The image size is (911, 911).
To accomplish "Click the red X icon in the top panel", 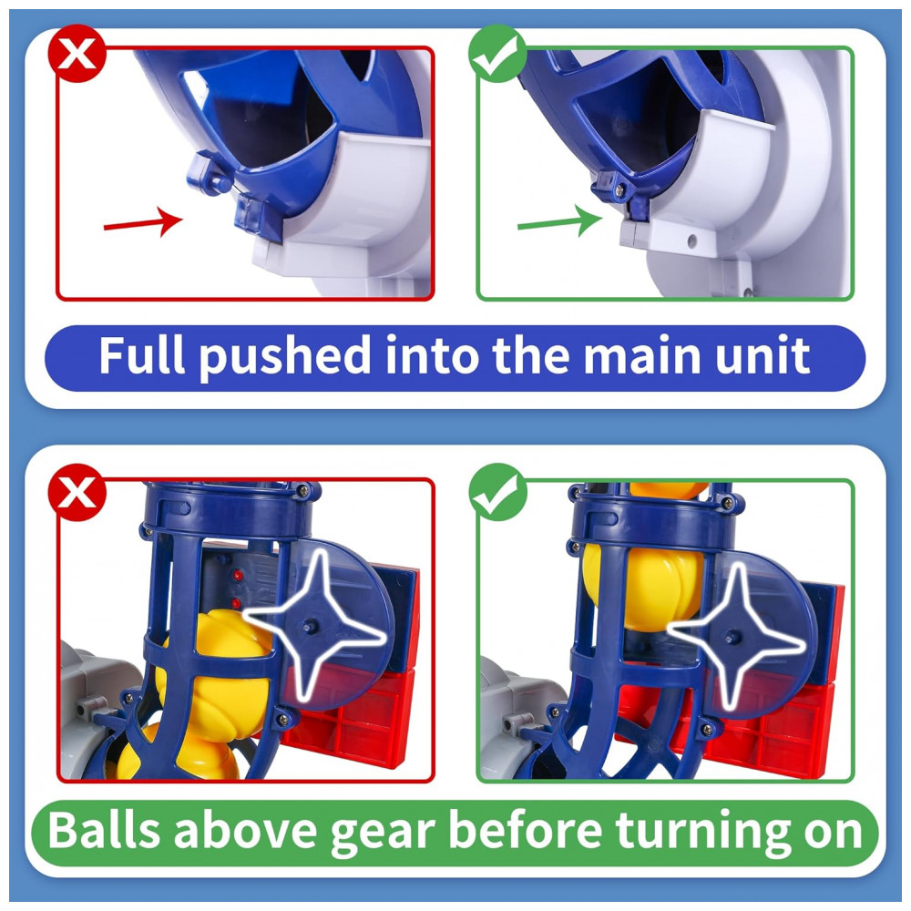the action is [x=77, y=54].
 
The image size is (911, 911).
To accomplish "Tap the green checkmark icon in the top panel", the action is [x=497, y=54].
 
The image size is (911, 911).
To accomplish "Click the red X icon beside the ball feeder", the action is [x=77, y=492].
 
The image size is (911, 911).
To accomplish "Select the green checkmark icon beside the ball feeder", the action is [x=497, y=492].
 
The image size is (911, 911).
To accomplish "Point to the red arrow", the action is [x=143, y=222].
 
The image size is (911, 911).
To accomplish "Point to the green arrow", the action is [x=559, y=220].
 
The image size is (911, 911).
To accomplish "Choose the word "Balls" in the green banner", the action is [x=104, y=830].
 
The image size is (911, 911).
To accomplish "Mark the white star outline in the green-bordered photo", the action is [x=735, y=636].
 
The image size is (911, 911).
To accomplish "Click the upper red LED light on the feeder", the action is [x=237, y=575].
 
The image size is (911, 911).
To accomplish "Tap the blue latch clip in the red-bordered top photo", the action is [x=208, y=174].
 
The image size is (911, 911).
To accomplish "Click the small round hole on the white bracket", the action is [x=691, y=240].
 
